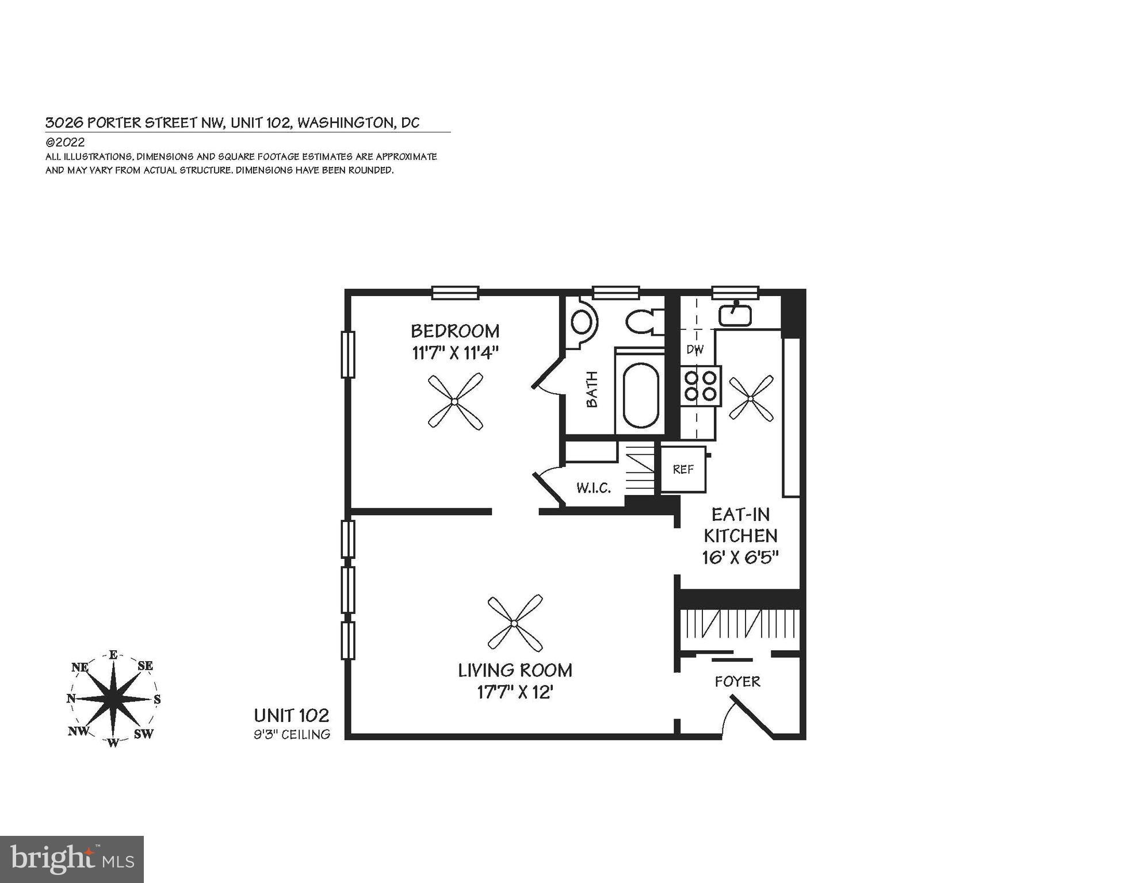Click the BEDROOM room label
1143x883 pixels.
(454, 331)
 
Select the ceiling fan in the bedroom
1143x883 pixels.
(455, 401)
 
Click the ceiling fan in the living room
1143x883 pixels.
(515, 623)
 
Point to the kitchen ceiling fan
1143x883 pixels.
(751, 398)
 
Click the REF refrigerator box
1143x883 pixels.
(683, 469)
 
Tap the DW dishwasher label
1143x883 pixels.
(694, 349)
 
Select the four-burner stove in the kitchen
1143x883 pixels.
(701, 386)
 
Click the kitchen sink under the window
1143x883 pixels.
(735, 315)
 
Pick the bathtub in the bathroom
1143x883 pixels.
(641, 395)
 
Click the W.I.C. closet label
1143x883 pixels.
(593, 488)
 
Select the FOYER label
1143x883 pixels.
(737, 682)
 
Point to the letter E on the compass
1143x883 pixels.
(113, 655)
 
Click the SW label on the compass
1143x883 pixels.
(143, 734)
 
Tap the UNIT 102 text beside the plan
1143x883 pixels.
(292, 716)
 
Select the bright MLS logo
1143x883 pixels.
(71, 859)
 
